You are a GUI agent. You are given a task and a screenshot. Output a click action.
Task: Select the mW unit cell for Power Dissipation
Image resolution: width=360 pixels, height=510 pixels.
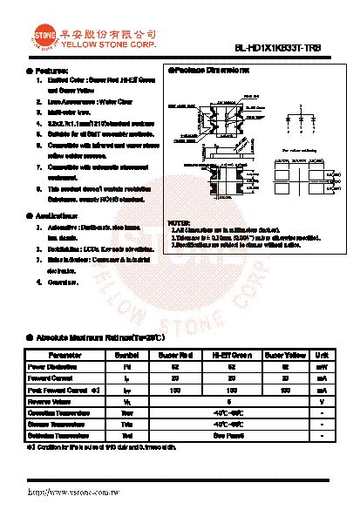pyautogui.click(x=323, y=367)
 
